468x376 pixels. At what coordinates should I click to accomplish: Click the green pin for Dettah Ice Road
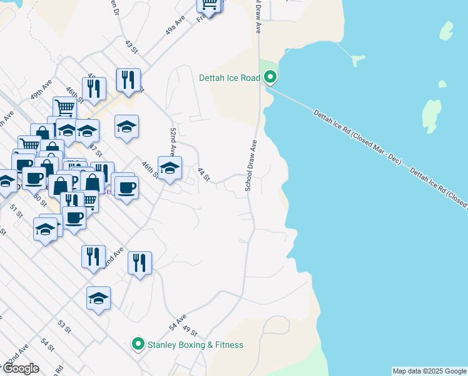click(x=270, y=78)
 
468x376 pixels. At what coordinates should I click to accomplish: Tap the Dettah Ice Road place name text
click(x=229, y=78)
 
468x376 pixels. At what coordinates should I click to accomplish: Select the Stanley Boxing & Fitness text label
click(x=195, y=345)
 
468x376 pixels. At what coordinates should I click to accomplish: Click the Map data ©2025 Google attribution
click(x=429, y=371)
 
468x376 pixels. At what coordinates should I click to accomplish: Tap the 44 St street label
click(x=202, y=174)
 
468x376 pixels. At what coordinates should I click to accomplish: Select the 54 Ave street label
click(x=177, y=323)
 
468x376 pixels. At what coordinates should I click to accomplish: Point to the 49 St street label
click(x=190, y=332)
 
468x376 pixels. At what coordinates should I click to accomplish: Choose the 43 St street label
click(x=130, y=46)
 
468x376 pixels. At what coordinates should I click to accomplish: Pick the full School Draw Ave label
click(x=252, y=165)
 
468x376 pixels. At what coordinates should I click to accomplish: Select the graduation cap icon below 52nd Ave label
click(x=170, y=168)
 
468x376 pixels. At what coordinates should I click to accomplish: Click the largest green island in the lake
click(x=431, y=115)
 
